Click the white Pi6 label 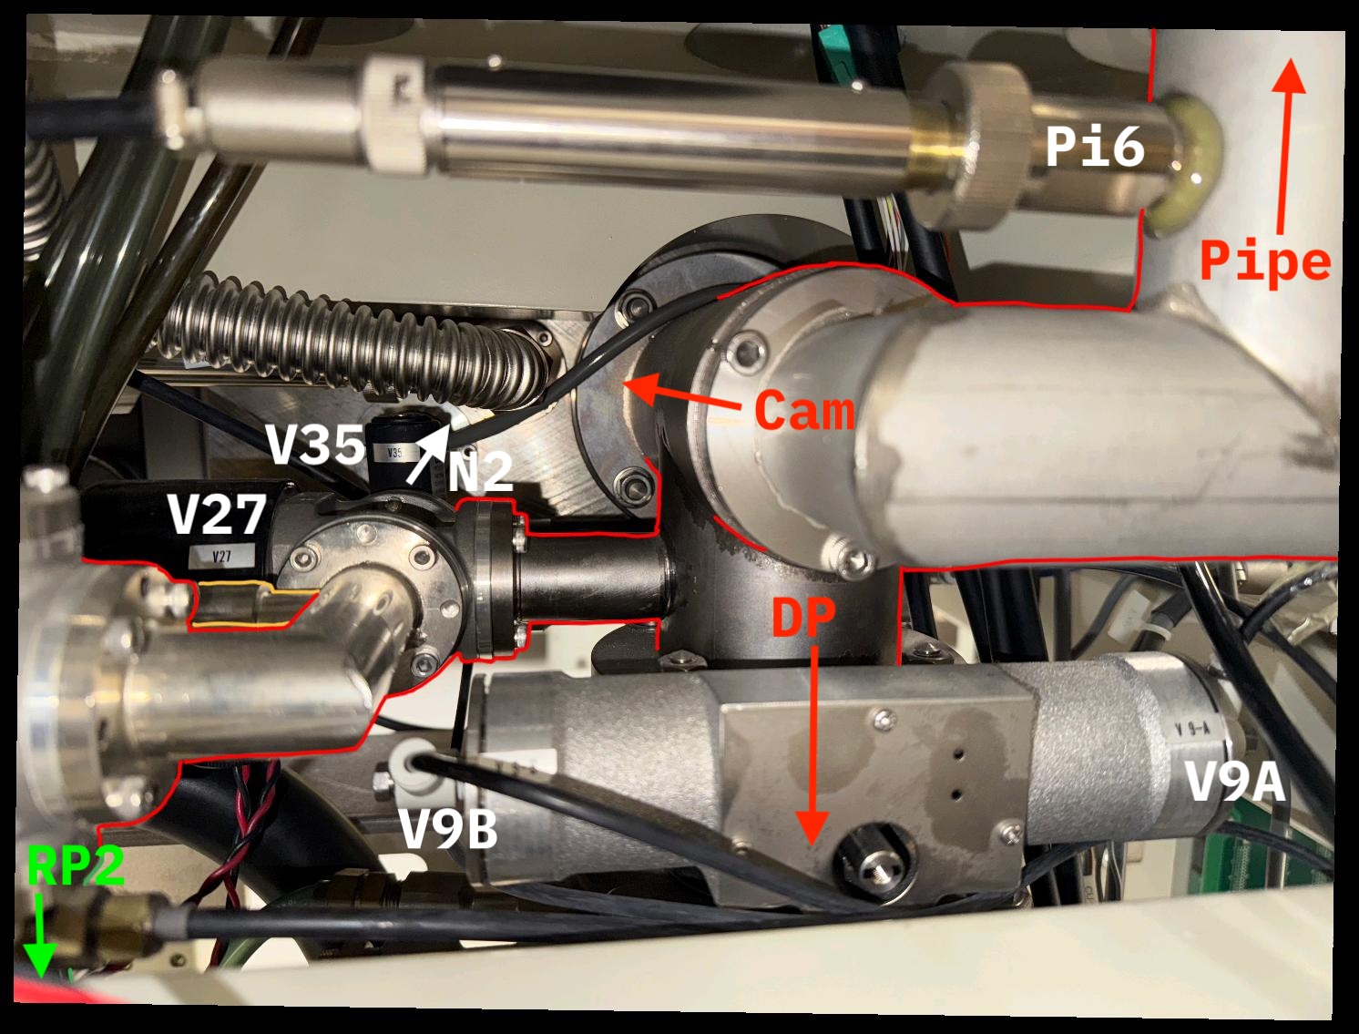[x=1094, y=146]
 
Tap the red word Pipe [x=1265, y=261]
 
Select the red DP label [x=803, y=618]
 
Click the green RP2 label [x=75, y=865]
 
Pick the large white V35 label [x=315, y=445]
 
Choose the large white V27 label [x=217, y=515]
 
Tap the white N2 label [x=480, y=472]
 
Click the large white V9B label [x=448, y=829]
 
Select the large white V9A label [x=1234, y=782]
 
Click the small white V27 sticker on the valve [x=220, y=555]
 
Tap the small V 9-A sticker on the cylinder [x=1192, y=729]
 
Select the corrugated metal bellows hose [x=346, y=342]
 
